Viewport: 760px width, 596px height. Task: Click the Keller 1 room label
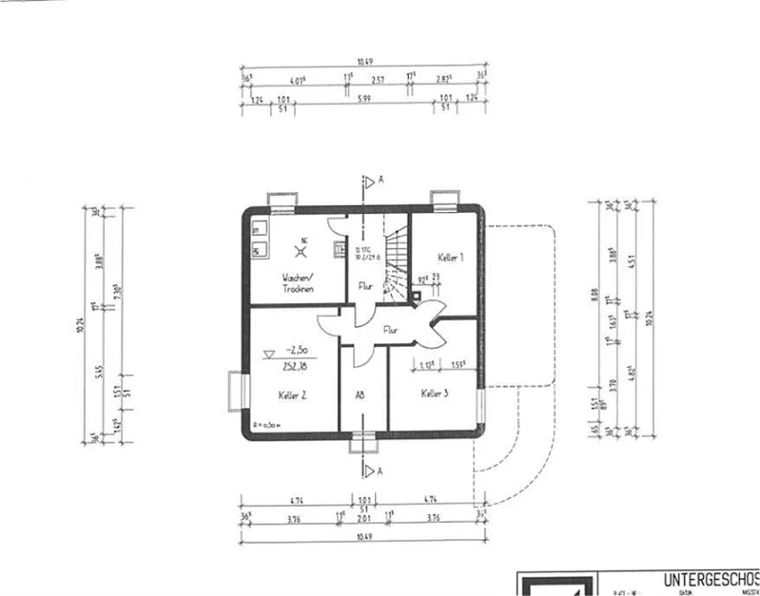[x=451, y=258]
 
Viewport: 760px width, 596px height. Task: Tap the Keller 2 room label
[x=292, y=393]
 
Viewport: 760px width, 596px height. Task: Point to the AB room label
[x=361, y=394]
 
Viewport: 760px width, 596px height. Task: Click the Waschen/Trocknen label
[x=299, y=282]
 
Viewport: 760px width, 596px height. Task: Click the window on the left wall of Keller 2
[x=236, y=390]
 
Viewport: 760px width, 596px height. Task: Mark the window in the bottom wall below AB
[x=362, y=439]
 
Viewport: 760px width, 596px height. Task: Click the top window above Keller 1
[x=443, y=198]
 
